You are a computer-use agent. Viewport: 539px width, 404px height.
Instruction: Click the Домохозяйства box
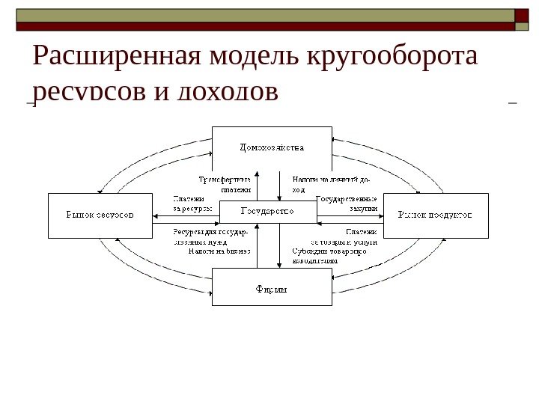click(x=272, y=148)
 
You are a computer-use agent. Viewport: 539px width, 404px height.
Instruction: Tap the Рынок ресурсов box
click(x=100, y=215)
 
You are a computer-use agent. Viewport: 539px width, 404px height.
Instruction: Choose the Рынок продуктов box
click(x=435, y=215)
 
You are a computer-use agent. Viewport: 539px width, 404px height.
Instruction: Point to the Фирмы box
click(x=272, y=287)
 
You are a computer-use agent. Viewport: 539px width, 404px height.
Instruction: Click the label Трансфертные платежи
click(x=224, y=184)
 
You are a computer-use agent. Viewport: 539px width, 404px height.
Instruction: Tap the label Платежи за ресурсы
click(x=192, y=203)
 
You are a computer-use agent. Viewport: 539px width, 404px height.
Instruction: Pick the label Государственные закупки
click(x=347, y=203)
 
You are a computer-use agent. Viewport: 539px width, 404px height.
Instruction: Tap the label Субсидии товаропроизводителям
click(x=329, y=256)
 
